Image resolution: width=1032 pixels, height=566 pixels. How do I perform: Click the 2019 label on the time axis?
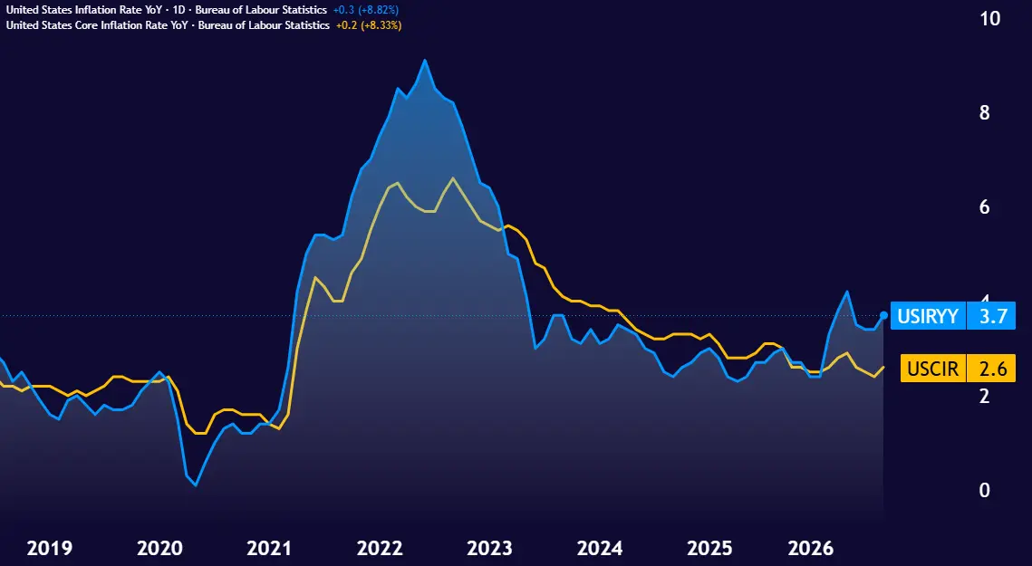(x=49, y=548)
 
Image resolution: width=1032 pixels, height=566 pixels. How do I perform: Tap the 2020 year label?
(x=160, y=548)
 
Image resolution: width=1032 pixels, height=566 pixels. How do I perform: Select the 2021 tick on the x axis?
(x=269, y=548)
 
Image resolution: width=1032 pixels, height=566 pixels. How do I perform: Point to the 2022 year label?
(x=380, y=548)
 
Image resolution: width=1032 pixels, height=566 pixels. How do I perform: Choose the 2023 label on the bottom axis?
(x=489, y=548)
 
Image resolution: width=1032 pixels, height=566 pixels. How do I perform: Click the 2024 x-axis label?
(x=600, y=548)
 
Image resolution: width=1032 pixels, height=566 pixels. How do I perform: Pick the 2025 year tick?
(x=709, y=548)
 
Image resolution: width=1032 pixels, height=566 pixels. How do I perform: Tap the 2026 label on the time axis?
(x=811, y=548)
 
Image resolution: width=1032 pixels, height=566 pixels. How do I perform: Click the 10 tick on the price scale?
(x=990, y=18)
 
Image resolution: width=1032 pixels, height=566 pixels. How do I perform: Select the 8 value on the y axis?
(x=985, y=112)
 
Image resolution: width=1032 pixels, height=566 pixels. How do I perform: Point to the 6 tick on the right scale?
(x=985, y=207)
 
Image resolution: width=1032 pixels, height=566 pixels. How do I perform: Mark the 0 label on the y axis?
(x=985, y=490)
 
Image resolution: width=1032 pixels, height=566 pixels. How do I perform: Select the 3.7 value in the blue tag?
(x=993, y=317)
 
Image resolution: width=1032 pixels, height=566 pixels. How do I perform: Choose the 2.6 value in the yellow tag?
(x=993, y=369)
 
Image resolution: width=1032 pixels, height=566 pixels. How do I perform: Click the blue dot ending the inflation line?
(x=884, y=315)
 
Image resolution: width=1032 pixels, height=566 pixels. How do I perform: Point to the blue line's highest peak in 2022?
(x=425, y=61)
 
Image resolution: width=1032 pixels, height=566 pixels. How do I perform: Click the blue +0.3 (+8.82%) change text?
(x=366, y=10)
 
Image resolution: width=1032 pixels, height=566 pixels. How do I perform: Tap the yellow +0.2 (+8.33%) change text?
(x=369, y=25)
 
